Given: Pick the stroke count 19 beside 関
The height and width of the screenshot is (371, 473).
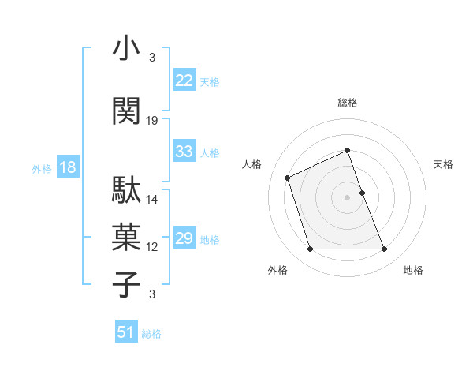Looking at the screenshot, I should [152, 120].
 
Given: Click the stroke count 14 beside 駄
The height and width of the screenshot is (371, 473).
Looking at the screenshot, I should [152, 199].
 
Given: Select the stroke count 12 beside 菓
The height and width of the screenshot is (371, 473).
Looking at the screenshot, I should [152, 247].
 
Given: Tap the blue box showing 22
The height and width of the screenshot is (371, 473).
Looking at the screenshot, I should [184, 81].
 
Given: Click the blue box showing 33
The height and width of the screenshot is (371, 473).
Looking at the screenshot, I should [184, 152].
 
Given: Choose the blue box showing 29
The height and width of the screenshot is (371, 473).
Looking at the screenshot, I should [184, 238].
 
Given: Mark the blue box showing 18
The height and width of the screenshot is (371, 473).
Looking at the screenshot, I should [67, 167].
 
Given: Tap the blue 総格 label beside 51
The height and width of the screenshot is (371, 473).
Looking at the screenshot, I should [151, 334].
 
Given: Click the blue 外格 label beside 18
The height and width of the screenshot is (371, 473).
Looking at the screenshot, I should [41, 168].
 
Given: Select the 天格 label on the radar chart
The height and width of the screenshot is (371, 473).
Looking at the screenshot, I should [443, 164].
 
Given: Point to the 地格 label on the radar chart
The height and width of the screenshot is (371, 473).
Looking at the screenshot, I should [413, 270].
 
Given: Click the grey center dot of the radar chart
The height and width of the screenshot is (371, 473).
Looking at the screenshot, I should [347, 197].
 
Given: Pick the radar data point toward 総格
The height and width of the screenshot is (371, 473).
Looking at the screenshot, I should [347, 150].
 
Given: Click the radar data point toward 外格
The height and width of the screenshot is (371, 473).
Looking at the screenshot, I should [310, 249].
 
